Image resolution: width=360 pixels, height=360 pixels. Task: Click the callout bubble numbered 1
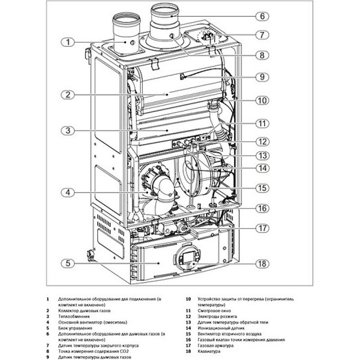click(67, 43)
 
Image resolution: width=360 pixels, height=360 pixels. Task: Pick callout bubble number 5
click(67, 263)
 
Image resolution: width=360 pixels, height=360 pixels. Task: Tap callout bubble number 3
click(67, 131)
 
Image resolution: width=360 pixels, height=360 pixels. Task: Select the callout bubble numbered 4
click(67, 192)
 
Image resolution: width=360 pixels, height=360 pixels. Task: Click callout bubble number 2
click(67, 95)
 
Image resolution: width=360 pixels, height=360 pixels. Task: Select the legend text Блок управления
click(74, 328)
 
